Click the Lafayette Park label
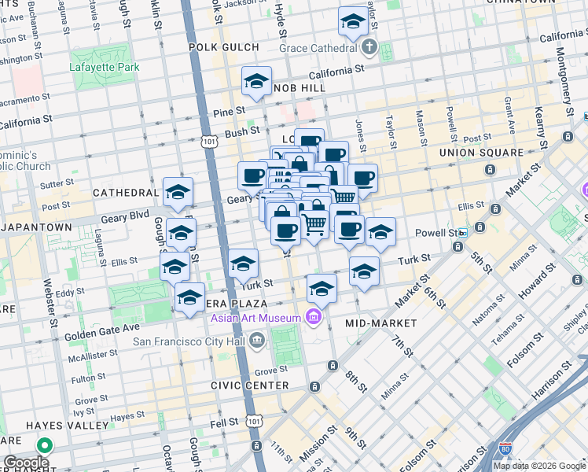[105, 67]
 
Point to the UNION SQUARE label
[480, 152]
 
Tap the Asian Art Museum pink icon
[313, 317]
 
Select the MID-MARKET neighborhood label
[380, 323]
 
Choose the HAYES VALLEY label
[56, 425]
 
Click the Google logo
[27, 463]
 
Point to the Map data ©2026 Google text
[538, 466]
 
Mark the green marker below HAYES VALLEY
[45, 446]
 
